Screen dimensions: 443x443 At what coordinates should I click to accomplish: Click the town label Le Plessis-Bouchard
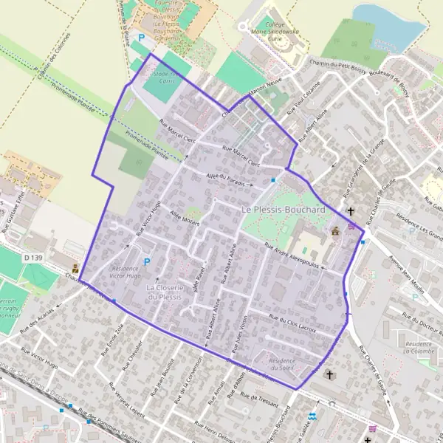point(284,210)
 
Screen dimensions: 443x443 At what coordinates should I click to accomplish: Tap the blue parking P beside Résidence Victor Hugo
point(146,261)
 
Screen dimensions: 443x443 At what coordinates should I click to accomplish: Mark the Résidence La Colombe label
point(419,348)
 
